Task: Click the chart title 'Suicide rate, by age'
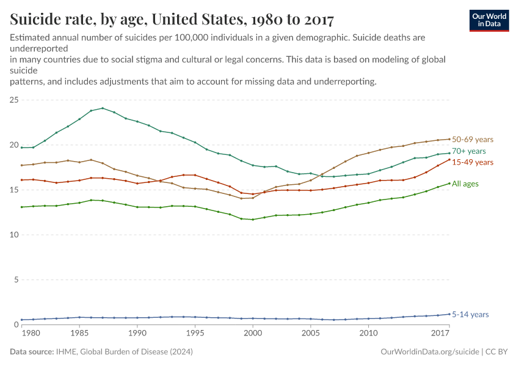[172, 20]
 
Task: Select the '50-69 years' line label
[472, 140]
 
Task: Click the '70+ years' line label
[469, 151]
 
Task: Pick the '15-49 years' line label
[472, 162]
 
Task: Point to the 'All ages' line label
[465, 184]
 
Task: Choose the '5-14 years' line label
[470, 315]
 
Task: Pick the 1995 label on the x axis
[195, 334]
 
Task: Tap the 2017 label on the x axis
[440, 334]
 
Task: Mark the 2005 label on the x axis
[310, 334]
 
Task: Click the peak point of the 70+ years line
[103, 108]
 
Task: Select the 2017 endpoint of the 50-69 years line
[449, 139]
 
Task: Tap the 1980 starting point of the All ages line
[22, 207]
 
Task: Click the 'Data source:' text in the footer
[31, 352]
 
